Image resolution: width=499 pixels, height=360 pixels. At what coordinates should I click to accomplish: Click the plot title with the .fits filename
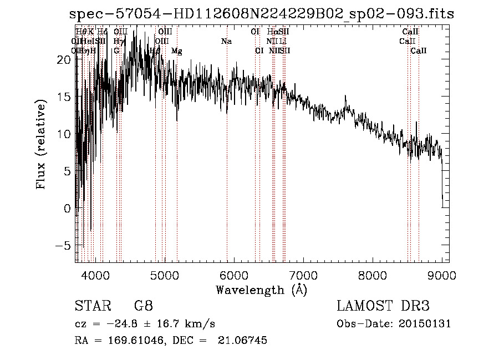[262, 14]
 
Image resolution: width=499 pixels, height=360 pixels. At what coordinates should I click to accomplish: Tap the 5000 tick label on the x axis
[165, 275]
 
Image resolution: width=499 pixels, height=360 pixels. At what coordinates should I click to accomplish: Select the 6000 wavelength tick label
[234, 275]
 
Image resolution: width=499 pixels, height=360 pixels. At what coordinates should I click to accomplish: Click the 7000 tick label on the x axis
[303, 275]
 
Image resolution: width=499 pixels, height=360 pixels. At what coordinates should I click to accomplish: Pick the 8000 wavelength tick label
[373, 275]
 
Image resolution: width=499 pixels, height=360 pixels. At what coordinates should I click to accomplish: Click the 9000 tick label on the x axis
[441, 275]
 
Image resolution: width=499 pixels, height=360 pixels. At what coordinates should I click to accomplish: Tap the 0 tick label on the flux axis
[68, 208]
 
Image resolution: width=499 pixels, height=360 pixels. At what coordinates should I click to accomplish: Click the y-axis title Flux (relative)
[41, 145]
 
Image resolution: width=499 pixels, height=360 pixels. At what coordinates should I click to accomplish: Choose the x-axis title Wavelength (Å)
[261, 290]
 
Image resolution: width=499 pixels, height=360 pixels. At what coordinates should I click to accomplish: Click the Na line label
[226, 41]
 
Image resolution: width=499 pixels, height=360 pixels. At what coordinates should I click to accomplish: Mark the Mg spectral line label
[176, 51]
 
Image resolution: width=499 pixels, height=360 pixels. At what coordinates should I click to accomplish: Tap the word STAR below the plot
[89, 306]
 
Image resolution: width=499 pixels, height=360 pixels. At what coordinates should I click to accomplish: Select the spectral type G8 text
[144, 306]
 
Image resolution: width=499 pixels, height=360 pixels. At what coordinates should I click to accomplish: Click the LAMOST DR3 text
[383, 306]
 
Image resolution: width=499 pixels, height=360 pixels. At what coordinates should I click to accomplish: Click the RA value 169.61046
[130, 341]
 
